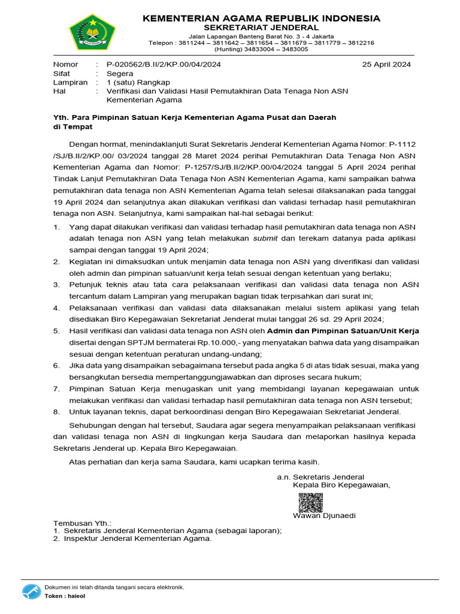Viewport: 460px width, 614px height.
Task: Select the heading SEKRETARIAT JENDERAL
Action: (x=261, y=28)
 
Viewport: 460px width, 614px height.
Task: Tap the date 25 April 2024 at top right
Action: (x=387, y=65)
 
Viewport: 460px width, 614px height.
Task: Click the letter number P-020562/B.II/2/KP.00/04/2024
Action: (x=159, y=65)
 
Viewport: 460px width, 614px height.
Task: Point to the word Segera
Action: (x=120, y=74)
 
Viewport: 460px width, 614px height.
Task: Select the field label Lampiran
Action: (x=70, y=82)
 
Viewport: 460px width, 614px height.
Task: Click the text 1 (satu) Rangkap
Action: (x=138, y=82)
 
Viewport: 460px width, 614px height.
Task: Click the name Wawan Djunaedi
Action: (x=324, y=516)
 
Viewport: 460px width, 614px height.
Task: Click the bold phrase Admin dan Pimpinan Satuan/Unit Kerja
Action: (x=343, y=331)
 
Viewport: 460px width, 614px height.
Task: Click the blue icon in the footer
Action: (x=32, y=592)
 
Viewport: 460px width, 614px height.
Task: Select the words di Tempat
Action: (x=73, y=127)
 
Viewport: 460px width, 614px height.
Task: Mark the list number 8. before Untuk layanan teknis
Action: (x=57, y=411)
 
